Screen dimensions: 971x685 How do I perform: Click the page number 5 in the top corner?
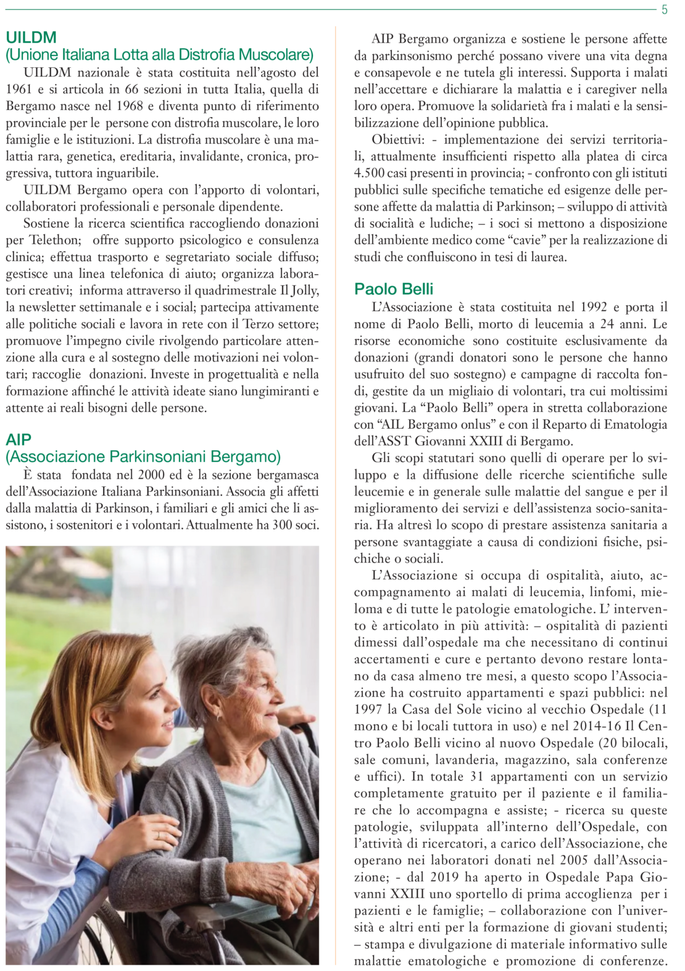tap(664, 10)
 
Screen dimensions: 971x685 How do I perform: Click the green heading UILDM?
tap(31, 38)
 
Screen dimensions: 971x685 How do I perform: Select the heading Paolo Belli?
tap(394, 289)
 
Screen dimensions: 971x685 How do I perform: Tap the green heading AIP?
tap(19, 440)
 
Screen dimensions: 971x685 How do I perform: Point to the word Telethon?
tap(55, 240)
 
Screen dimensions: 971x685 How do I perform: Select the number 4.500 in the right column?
tap(368, 173)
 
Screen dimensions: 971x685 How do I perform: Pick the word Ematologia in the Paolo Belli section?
tap(636, 424)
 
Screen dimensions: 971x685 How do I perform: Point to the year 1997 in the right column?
tap(368, 709)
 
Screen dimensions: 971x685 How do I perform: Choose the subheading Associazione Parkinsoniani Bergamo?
tap(143, 457)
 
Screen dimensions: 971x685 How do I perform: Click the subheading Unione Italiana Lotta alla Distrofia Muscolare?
tap(160, 55)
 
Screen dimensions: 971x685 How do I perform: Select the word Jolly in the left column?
tap(302, 291)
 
